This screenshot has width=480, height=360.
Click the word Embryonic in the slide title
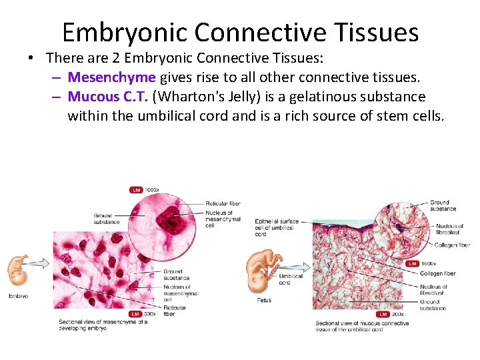tap(127, 32)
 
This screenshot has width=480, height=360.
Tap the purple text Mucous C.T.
tap(108, 97)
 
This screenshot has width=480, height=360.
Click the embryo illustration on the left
tap(18, 269)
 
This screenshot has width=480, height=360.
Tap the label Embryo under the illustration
tap(18, 295)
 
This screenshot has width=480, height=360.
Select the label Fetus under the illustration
tap(263, 300)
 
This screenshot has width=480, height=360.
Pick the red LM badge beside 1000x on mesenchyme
tap(135, 190)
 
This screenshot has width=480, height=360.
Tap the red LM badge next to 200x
tap(383, 314)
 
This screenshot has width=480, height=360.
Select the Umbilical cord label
tap(291, 279)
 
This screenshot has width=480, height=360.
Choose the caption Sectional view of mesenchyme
tap(103, 325)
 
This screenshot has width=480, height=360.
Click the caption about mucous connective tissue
tap(361, 327)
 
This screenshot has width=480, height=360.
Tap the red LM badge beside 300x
tap(135, 313)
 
